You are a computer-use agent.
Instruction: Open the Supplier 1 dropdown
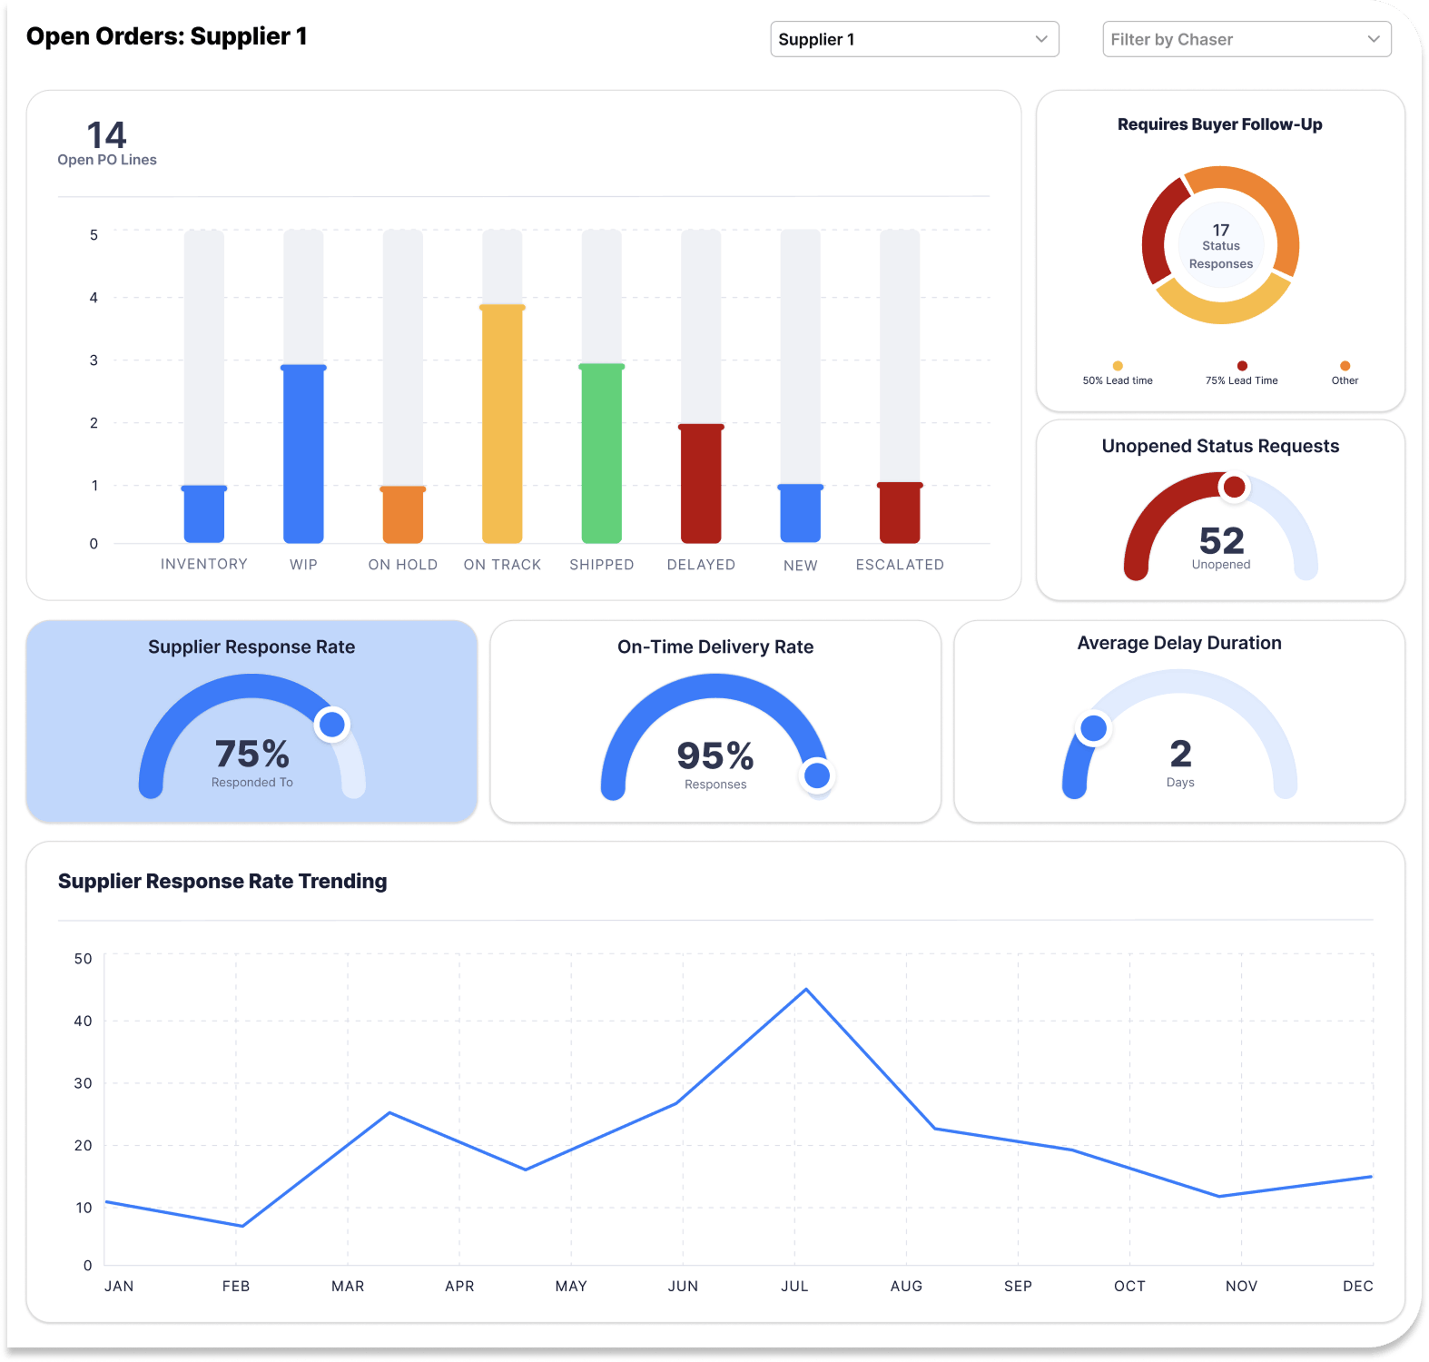coord(914,39)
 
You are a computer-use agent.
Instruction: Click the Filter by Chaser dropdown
coord(1246,39)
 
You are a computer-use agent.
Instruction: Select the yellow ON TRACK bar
coord(502,424)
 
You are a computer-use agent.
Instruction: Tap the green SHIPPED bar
coord(601,453)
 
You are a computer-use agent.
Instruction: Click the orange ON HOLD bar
coord(403,515)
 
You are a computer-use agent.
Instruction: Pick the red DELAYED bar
coord(701,483)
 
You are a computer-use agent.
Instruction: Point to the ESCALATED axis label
coord(900,565)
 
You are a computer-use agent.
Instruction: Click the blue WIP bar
coord(303,453)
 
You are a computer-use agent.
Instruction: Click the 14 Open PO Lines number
coord(106,136)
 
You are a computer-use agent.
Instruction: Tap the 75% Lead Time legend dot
coord(1242,366)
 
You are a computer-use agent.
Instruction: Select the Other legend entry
coord(1345,374)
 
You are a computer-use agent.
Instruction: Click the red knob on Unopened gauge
coord(1234,488)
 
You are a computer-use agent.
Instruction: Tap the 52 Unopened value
coord(1221,541)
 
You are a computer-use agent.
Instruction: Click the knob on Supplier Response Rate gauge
coord(332,725)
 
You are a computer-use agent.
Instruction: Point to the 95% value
coord(715,755)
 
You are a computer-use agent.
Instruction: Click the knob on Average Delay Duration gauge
coord(1093,728)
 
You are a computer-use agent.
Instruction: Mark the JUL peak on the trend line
coord(806,990)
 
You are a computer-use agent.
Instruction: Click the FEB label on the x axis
coord(236,1286)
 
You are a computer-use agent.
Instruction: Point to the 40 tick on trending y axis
coord(83,1021)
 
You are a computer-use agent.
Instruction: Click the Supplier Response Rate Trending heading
coord(222,881)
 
